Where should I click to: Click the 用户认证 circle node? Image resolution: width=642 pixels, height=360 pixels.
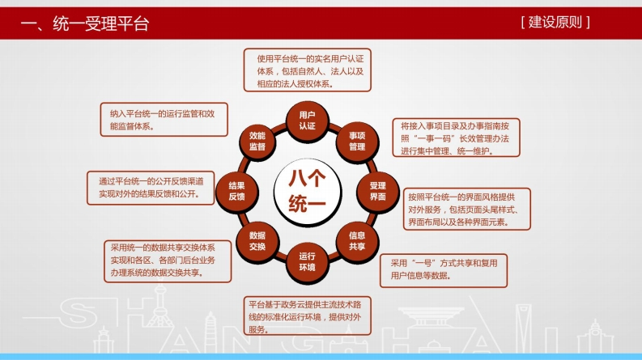[307, 121]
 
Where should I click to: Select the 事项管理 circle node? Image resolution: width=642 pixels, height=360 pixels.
[357, 142]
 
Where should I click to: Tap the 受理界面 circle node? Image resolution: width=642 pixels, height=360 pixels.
[377, 192]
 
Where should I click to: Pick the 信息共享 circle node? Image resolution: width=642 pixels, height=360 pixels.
[357, 241]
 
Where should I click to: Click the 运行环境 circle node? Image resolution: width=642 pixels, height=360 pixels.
[307, 262]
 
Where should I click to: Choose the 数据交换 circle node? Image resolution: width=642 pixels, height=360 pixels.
[257, 241]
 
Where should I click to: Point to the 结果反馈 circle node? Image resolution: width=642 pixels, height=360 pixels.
[236, 192]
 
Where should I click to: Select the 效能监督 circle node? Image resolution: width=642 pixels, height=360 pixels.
[257, 142]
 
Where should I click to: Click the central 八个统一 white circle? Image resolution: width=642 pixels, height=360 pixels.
[307, 192]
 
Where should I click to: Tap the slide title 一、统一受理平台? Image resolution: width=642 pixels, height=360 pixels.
[85, 23]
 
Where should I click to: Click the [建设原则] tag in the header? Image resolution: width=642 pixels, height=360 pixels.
[555, 22]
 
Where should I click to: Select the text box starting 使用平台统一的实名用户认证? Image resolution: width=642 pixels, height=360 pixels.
[307, 70]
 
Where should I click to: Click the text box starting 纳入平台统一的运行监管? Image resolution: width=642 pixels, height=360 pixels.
[164, 120]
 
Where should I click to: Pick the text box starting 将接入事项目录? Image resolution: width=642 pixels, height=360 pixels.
[456, 138]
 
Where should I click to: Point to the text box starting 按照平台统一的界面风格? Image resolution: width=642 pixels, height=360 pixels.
[467, 209]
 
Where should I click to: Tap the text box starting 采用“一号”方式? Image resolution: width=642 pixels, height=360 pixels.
[444, 270]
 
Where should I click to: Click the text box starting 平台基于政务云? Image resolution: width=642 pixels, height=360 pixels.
[307, 316]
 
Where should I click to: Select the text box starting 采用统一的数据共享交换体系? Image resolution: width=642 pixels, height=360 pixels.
[168, 261]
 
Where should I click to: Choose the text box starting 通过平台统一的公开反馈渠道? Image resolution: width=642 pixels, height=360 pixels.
[151, 188]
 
